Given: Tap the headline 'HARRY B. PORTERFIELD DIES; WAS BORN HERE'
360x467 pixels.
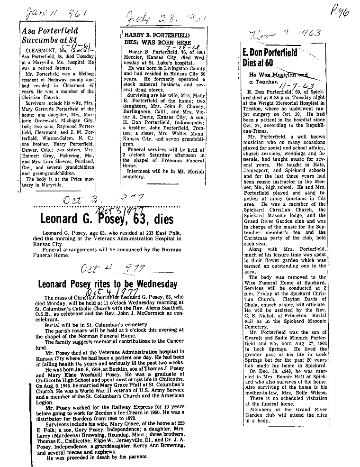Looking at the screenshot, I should (x=157, y=38).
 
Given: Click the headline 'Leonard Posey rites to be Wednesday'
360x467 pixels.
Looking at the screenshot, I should (x=108, y=284).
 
